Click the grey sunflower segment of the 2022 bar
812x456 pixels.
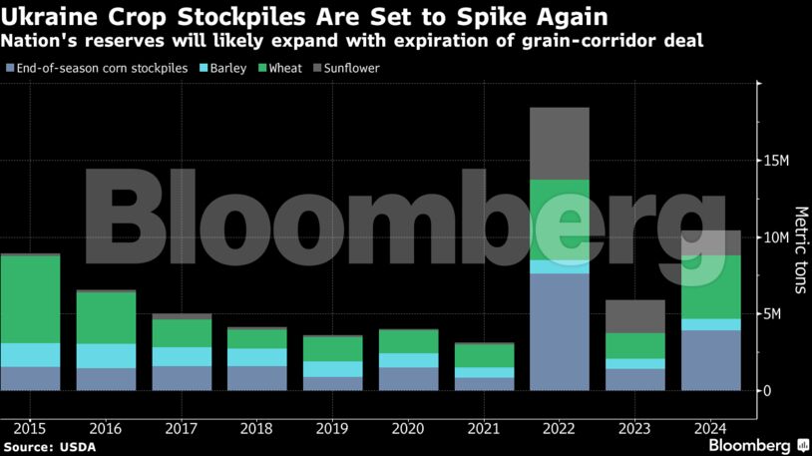point(559,143)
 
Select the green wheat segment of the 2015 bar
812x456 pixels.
point(30,299)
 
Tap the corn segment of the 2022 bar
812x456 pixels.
point(559,331)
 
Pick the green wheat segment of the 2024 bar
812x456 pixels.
point(710,287)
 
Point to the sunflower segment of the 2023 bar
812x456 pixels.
point(634,316)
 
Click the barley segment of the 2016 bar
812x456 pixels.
point(106,356)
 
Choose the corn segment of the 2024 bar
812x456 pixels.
point(710,360)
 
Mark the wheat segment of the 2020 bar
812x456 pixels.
point(408,341)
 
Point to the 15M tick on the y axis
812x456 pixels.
point(777,161)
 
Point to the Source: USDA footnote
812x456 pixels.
point(49,446)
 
